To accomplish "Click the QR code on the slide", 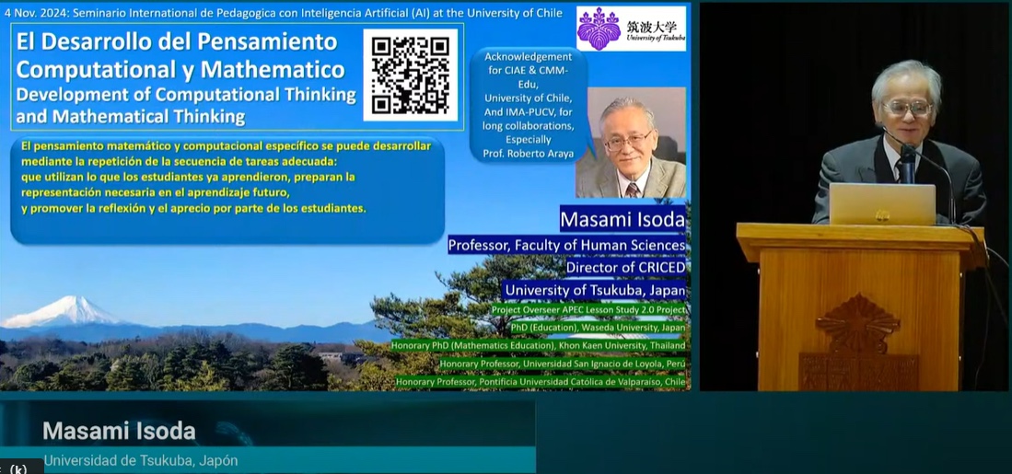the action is (411, 75).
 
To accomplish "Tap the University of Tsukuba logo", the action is (631, 29).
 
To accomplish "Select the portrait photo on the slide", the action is (631, 143).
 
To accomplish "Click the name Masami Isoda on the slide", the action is (622, 219).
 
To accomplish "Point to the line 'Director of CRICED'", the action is (625, 267).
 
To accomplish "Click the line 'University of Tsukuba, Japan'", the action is (595, 290).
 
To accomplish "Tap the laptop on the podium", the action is (882, 203).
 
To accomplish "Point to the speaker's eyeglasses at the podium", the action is (907, 108).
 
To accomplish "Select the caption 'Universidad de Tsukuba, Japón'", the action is (141, 461).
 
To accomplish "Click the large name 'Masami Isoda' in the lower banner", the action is (120, 431).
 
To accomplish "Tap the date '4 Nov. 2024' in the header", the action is (32, 13).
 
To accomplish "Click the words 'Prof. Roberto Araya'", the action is (529, 154).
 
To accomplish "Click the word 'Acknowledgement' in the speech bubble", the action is (528, 57).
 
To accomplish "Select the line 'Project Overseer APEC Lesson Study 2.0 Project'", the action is (588, 310).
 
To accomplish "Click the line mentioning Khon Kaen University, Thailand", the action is (539, 346).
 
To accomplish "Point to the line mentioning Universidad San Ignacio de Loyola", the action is (562, 364).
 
